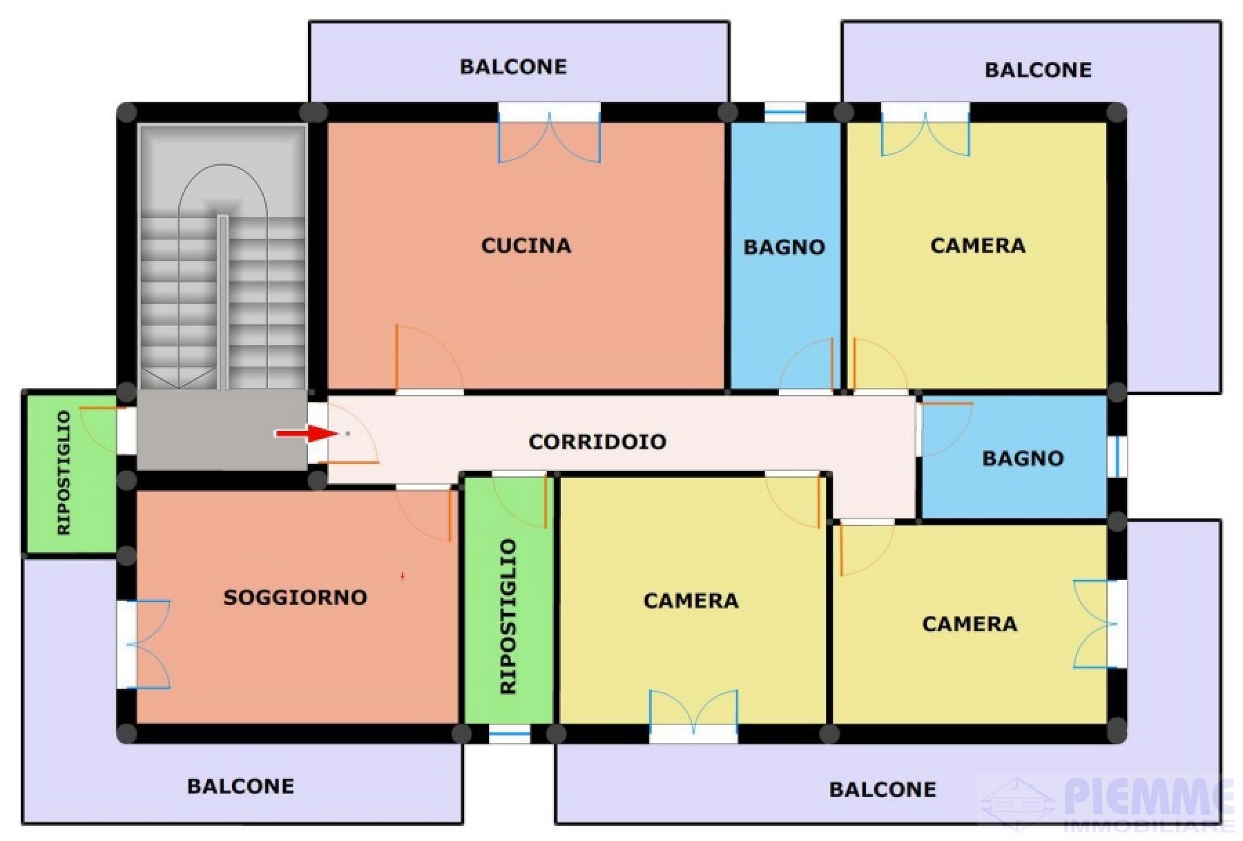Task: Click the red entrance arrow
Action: coord(305,434)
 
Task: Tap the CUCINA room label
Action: coord(526,245)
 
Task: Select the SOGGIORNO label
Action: coord(295,597)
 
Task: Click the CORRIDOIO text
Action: coord(597,442)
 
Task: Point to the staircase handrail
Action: coord(222,302)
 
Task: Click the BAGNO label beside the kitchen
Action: coord(784,247)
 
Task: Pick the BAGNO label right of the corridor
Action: coord(1023,458)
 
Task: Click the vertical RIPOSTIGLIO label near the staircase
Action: coord(64,472)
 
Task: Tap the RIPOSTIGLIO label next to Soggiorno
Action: coord(508,617)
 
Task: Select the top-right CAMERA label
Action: coord(978,245)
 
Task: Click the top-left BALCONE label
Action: coord(513,67)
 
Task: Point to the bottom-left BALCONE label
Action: coord(240,786)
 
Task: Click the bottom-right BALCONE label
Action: coord(883,789)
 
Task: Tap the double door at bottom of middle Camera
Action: coord(693,715)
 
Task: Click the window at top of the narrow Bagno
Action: coord(785,112)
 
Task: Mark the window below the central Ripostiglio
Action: coord(510,734)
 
